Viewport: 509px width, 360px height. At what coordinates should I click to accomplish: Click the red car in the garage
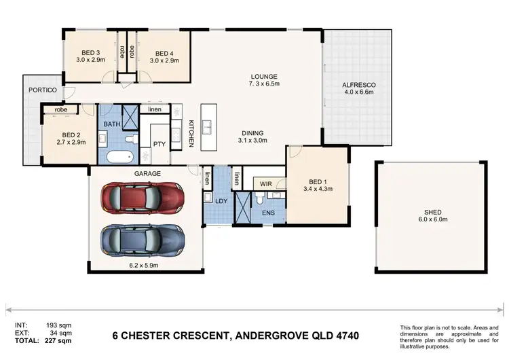pyautogui.click(x=143, y=198)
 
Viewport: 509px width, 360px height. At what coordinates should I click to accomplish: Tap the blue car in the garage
pyautogui.click(x=143, y=240)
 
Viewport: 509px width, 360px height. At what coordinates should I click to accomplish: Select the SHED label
pyautogui.click(x=433, y=212)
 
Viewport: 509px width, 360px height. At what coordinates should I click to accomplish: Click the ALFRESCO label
pyautogui.click(x=359, y=85)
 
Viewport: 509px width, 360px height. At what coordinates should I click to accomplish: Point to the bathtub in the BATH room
pyautogui.click(x=120, y=158)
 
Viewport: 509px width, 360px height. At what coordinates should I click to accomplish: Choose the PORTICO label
pyautogui.click(x=43, y=90)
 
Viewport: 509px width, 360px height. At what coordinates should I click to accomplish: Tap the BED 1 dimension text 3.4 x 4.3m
pyautogui.click(x=318, y=189)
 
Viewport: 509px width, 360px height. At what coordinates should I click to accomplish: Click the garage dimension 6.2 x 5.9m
pyautogui.click(x=144, y=265)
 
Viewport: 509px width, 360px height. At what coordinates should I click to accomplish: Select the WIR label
pyautogui.click(x=266, y=184)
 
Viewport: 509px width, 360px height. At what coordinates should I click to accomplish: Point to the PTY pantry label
pyautogui.click(x=159, y=144)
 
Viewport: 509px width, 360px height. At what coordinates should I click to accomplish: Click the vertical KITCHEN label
pyautogui.click(x=191, y=134)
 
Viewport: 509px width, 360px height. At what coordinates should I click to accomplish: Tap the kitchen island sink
pyautogui.click(x=206, y=127)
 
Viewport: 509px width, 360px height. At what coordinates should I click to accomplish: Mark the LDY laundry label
pyautogui.click(x=221, y=201)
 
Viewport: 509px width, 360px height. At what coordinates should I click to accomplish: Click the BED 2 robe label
pyautogui.click(x=60, y=109)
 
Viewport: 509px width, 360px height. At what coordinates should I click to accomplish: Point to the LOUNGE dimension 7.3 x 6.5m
pyautogui.click(x=264, y=84)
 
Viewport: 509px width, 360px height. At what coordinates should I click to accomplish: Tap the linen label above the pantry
pyautogui.click(x=155, y=109)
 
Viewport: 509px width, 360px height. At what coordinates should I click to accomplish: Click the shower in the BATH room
pyautogui.click(x=130, y=117)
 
